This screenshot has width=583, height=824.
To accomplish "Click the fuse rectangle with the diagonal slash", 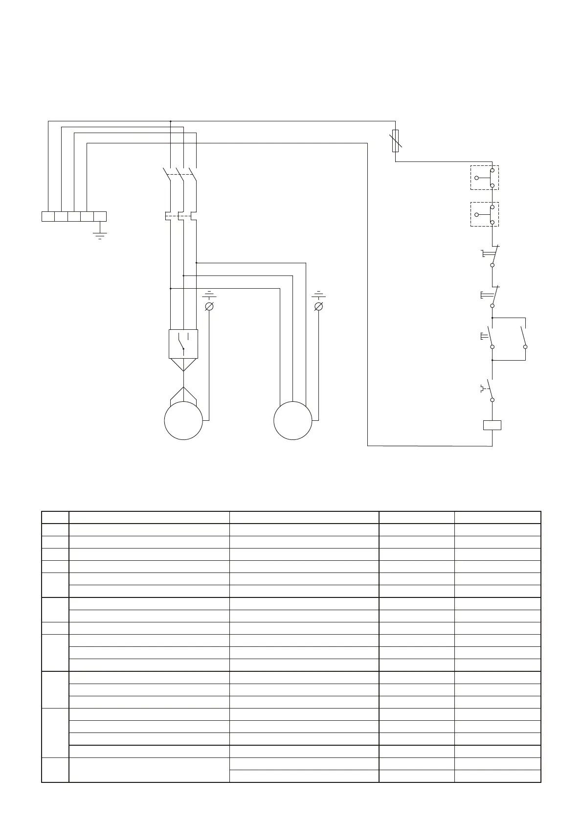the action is coord(396,140).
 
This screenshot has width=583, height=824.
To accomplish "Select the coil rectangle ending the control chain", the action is coord(492,425).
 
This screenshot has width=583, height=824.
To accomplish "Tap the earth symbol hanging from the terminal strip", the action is coord(100,234).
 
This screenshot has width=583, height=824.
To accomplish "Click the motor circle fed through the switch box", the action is coord(183,420).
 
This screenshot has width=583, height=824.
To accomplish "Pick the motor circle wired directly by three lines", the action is coord(292,420).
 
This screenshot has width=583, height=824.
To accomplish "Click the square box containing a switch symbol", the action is coord(183,343).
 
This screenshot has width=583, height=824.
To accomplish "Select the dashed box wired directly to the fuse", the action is coord(484,178).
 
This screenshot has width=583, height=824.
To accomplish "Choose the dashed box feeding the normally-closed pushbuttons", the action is coord(484,214).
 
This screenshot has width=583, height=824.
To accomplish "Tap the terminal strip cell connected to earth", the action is coord(100,216).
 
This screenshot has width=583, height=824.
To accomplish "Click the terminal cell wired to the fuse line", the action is coord(48,216).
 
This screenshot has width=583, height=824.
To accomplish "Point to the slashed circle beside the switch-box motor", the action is coord(209,306).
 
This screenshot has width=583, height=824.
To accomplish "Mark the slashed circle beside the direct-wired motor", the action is coord(318,306).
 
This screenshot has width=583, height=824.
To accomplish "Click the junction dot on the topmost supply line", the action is coord(170,121).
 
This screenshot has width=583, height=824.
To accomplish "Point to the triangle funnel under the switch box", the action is coord(183,365).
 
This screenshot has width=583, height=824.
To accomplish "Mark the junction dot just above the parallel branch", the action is coord(492,318).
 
